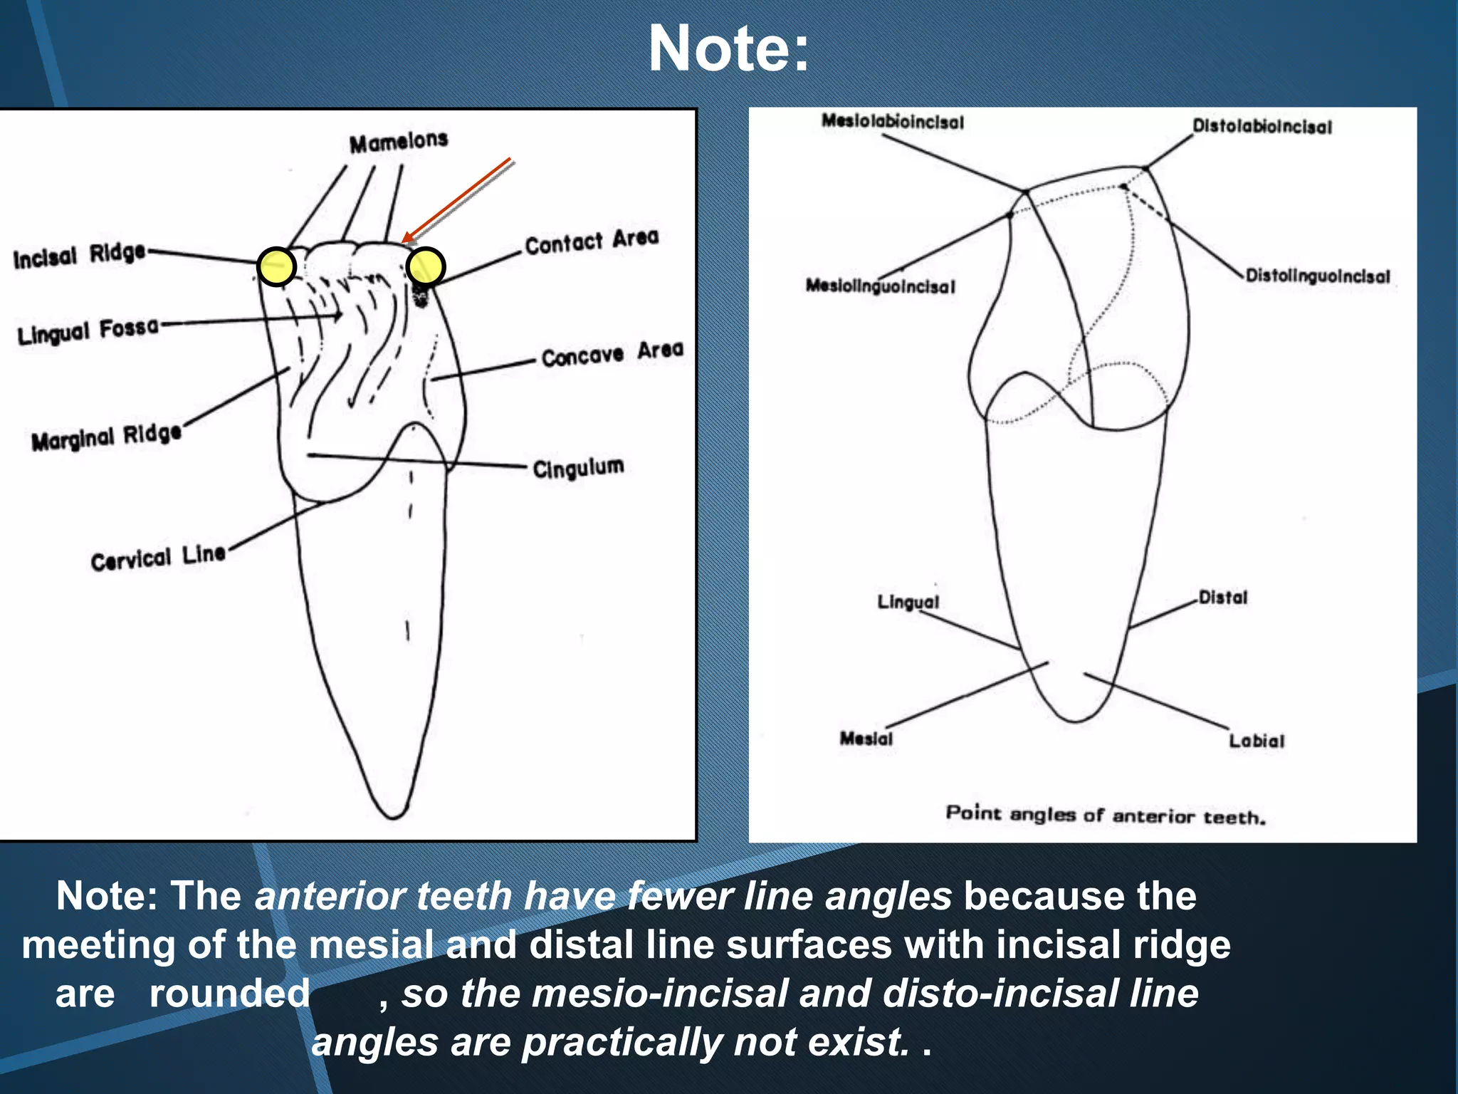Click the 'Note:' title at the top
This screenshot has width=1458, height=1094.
click(x=728, y=48)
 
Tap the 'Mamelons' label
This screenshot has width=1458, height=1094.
click(x=399, y=142)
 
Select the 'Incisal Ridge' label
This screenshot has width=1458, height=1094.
click(x=79, y=256)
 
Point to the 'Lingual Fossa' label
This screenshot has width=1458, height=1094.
click(x=88, y=330)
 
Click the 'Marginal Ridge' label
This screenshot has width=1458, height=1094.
click(x=107, y=437)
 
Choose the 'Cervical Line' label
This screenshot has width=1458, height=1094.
click(x=158, y=558)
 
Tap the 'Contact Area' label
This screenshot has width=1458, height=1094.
click(x=592, y=241)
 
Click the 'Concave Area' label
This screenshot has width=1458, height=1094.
click(x=612, y=353)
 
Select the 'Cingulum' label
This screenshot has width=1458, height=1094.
click(x=578, y=468)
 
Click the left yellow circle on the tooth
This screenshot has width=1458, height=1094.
click(x=276, y=267)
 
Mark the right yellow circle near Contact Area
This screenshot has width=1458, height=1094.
click(x=426, y=267)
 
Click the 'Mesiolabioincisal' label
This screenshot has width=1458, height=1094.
click(x=893, y=122)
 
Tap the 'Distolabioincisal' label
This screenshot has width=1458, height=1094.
click(x=1262, y=127)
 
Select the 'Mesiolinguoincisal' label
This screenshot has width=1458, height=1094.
click(x=880, y=286)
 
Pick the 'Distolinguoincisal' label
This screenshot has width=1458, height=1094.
click(x=1317, y=276)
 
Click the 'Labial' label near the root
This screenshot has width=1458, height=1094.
click(x=1257, y=741)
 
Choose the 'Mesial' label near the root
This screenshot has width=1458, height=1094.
click(x=866, y=738)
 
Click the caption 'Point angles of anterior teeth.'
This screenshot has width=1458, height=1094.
click(x=1106, y=814)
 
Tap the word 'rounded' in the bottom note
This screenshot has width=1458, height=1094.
click(x=229, y=993)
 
